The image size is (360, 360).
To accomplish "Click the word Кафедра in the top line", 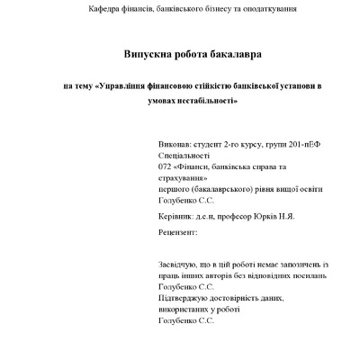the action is [104, 8].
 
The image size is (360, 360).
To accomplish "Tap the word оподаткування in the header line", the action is [267, 8].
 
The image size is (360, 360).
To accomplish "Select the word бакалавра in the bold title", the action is [232, 54].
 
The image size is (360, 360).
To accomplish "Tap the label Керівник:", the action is [177, 216].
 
